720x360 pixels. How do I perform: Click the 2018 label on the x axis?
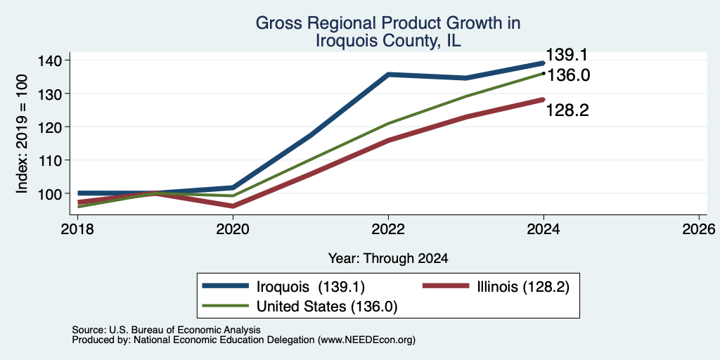(x=77, y=229)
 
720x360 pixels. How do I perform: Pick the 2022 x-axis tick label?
(x=388, y=229)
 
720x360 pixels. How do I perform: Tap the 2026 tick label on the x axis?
(x=700, y=229)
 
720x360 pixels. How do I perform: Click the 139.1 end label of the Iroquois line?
(x=567, y=55)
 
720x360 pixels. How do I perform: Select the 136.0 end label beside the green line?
(x=568, y=75)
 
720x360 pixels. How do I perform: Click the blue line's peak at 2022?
(x=388, y=74)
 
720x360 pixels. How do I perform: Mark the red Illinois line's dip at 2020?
(x=233, y=206)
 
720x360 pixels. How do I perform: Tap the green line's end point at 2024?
(x=544, y=73)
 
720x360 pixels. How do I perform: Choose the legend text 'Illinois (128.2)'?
(x=523, y=287)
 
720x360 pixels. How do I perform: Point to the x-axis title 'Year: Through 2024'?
(x=388, y=259)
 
